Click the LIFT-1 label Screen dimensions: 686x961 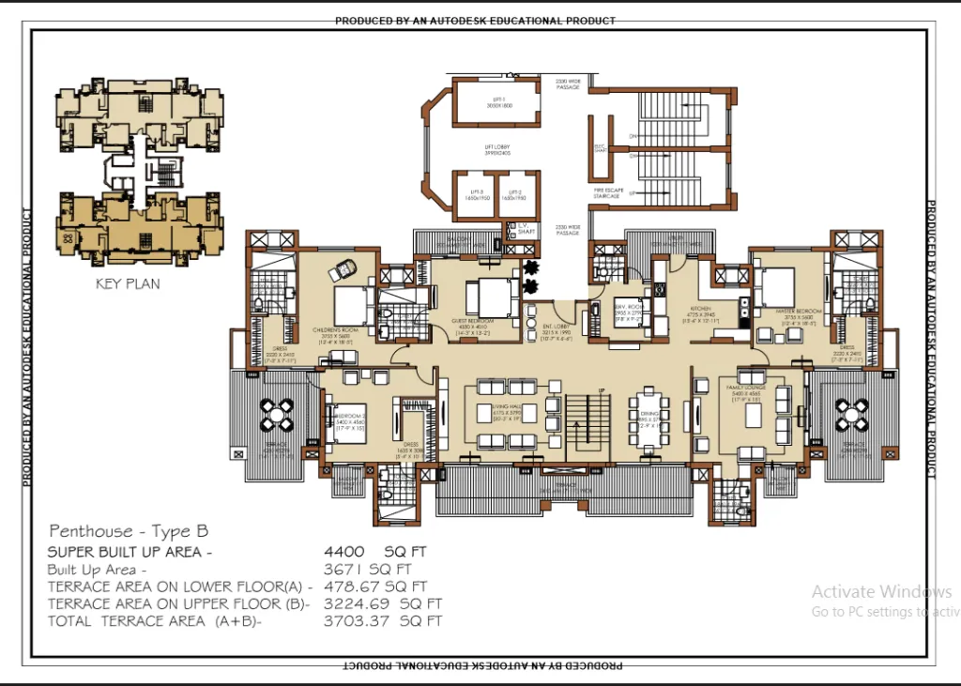pyautogui.click(x=496, y=103)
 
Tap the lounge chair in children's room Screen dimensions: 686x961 pyautogui.click(x=338, y=272)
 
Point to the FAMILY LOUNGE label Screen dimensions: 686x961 pyautogui.click(x=744, y=387)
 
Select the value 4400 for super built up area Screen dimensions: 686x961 pyautogui.click(x=343, y=551)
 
